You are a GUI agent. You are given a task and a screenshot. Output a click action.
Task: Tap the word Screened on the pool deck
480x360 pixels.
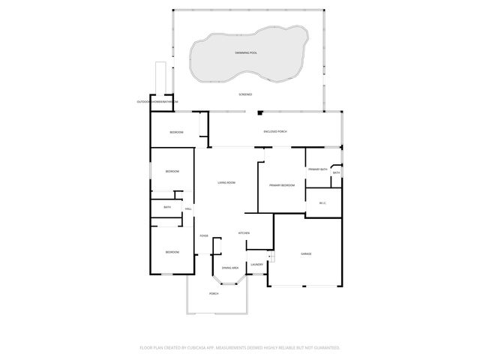click(x=245, y=94)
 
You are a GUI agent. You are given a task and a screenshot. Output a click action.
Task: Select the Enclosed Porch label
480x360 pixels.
click(x=275, y=131)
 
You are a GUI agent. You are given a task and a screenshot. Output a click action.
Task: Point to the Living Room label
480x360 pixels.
click(x=226, y=183)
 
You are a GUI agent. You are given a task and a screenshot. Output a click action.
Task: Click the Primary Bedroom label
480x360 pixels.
click(x=282, y=184)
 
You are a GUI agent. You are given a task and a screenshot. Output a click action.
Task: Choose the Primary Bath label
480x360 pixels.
click(x=318, y=169)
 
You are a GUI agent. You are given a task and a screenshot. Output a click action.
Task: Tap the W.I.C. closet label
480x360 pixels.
click(x=322, y=202)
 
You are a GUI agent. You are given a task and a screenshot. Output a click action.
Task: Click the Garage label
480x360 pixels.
click(x=306, y=254)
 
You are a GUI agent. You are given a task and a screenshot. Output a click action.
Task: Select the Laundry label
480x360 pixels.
click(x=256, y=264)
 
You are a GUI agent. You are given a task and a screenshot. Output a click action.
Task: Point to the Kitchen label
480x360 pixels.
click(x=244, y=233)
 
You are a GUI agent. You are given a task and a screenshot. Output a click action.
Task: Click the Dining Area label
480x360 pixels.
click(x=229, y=268)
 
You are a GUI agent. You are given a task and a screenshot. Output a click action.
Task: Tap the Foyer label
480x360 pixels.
click(x=203, y=236)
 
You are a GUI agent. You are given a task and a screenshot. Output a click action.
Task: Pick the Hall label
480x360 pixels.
click(x=188, y=208)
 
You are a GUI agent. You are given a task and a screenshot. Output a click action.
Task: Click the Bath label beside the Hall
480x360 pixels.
click(x=166, y=208)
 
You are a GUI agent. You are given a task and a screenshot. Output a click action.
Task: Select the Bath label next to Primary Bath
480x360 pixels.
click(x=337, y=173)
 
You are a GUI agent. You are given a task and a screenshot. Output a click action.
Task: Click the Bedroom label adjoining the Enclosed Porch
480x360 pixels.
click(x=176, y=132)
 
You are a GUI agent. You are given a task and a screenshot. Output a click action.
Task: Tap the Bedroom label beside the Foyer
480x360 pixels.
click(x=172, y=252)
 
